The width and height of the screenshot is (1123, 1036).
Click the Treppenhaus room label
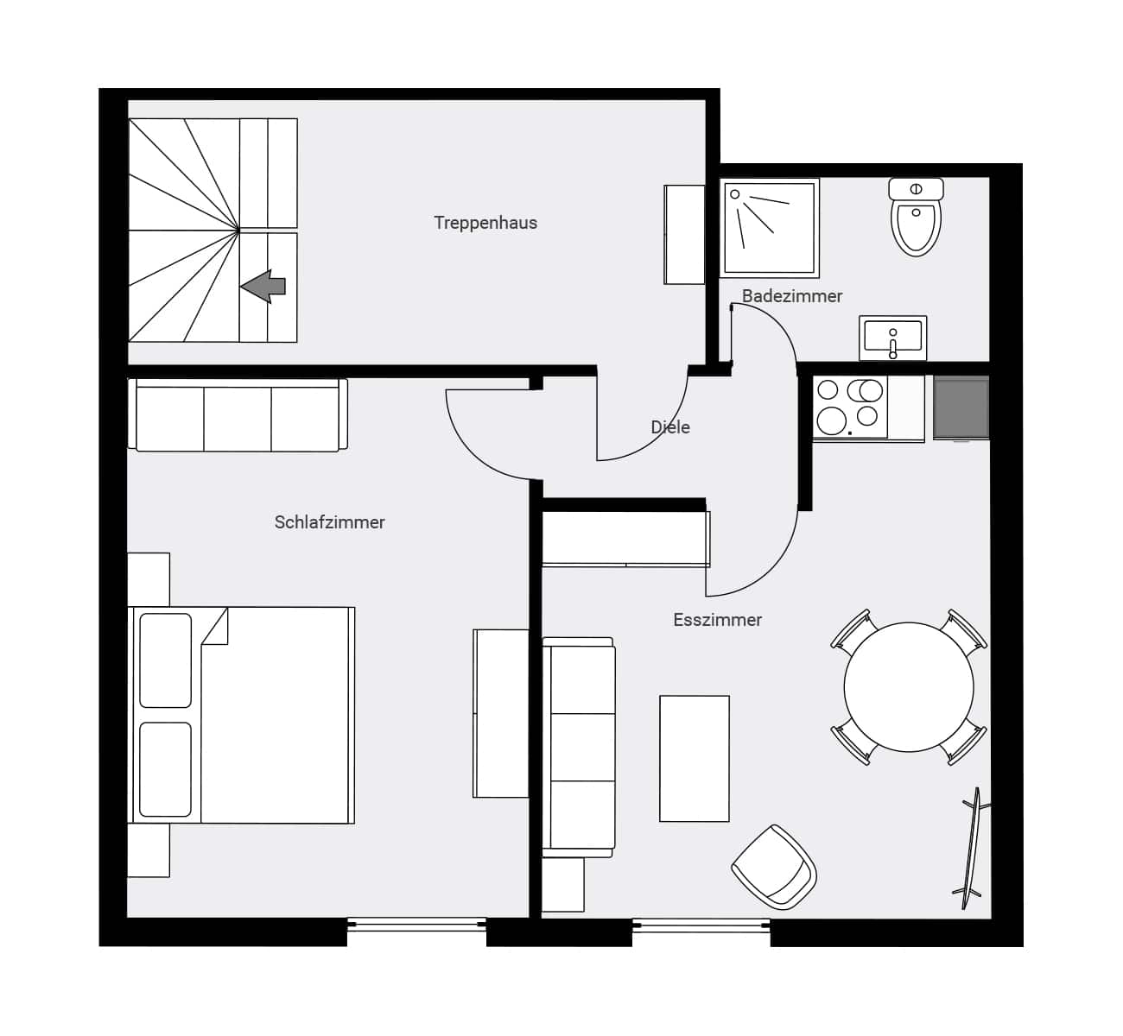click(485, 223)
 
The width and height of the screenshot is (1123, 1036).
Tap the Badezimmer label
click(792, 296)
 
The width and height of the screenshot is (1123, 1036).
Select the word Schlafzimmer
click(329, 522)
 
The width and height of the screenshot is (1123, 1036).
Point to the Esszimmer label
click(717, 620)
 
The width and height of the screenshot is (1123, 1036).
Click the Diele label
click(670, 427)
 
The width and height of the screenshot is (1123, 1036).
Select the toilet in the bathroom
click(916, 218)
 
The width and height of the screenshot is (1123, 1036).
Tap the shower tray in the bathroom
click(770, 228)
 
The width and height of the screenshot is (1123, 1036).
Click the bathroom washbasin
click(892, 337)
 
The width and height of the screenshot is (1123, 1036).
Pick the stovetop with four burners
click(850, 407)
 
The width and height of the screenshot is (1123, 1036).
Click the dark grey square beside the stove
click(961, 407)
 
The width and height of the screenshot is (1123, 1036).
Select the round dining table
click(909, 687)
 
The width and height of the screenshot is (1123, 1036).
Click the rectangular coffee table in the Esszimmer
click(695, 758)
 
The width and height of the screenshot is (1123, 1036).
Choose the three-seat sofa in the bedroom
click(238, 415)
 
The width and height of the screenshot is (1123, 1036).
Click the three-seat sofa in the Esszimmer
click(579, 747)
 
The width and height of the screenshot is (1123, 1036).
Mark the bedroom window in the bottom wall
click(416, 925)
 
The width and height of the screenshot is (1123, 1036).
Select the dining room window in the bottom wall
click(701, 925)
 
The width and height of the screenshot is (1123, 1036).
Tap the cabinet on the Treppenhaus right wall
click(684, 234)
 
